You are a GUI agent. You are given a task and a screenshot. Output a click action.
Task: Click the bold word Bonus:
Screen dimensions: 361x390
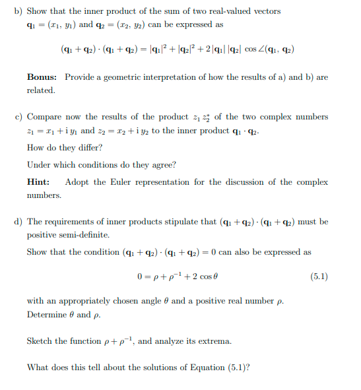coord(42,77)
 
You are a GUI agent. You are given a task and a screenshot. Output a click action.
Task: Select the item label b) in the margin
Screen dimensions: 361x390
coord(18,11)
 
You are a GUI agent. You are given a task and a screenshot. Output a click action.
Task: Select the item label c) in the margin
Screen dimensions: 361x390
coord(18,117)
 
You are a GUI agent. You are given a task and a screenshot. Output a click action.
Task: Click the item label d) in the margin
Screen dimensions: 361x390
coord(18,222)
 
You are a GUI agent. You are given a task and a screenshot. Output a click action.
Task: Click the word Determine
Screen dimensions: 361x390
coord(47,314)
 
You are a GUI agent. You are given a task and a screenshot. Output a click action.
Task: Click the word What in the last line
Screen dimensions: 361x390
coord(38,368)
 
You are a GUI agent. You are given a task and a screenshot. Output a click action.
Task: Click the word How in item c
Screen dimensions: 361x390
coord(36,147)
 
